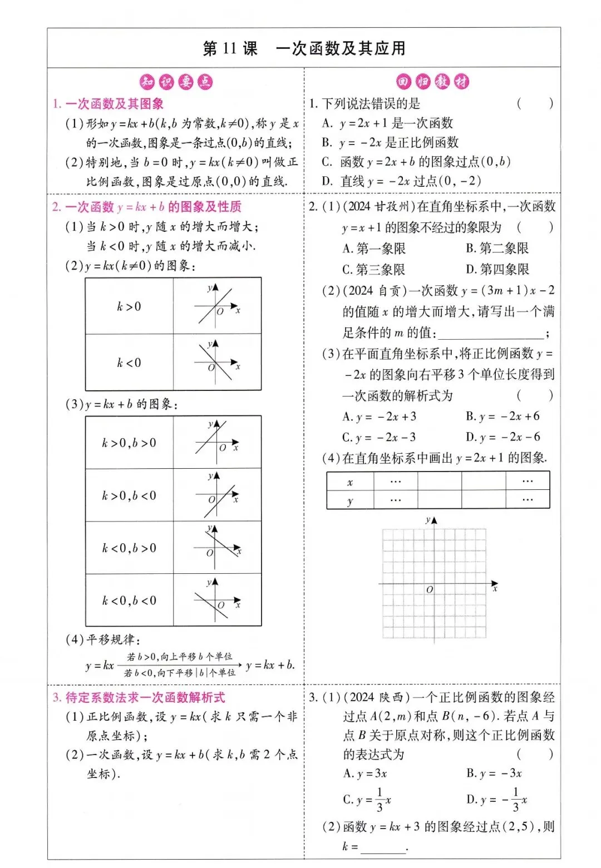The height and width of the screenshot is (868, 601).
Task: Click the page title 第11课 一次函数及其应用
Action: click(304, 48)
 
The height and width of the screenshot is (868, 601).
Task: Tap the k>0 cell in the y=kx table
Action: click(129, 306)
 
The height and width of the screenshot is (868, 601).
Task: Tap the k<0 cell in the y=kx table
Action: click(129, 363)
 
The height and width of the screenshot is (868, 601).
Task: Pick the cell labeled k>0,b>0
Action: click(129, 443)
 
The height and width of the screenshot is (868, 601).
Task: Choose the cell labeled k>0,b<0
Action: click(129, 495)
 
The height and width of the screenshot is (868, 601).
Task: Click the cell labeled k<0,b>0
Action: click(129, 548)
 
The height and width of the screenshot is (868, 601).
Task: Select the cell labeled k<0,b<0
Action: click(129, 601)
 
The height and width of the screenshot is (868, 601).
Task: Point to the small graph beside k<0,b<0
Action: click(216, 601)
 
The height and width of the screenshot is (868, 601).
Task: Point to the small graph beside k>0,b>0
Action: click(216, 443)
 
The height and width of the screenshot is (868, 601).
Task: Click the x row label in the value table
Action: click(350, 482)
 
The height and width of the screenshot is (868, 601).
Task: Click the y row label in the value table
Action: click(350, 500)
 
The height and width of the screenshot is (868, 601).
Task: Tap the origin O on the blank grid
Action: click(430, 589)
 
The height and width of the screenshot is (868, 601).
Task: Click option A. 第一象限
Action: click(374, 249)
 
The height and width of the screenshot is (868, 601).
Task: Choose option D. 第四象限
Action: click(497, 270)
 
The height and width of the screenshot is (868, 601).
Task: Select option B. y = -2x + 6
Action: click(503, 416)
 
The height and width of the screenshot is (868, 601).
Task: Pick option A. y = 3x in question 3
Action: click(365, 773)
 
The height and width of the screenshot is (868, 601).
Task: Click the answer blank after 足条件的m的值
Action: click(491, 334)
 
